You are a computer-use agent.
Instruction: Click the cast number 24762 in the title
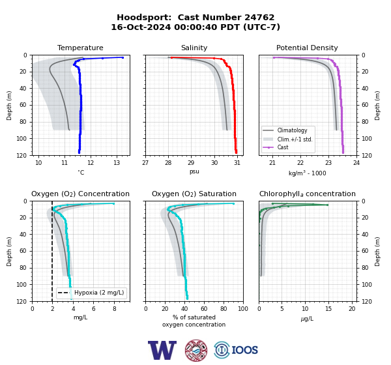[x=259, y=18]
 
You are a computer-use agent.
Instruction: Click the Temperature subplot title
[x=80, y=48]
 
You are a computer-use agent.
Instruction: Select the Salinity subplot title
[x=194, y=48]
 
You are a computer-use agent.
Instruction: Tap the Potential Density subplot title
[x=307, y=48]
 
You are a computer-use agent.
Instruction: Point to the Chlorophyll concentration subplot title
[x=307, y=194]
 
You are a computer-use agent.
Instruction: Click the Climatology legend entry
[x=292, y=130]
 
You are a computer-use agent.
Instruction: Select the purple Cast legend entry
[x=283, y=147]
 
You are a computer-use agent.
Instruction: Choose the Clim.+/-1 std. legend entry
[x=295, y=139]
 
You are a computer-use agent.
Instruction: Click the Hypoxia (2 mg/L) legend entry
[x=99, y=293]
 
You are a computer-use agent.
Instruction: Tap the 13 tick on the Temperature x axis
[x=117, y=163]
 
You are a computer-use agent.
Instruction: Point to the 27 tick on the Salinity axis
[x=145, y=163]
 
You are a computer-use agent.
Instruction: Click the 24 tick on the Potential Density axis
[x=356, y=163]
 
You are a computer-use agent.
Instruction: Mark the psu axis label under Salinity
[x=194, y=171]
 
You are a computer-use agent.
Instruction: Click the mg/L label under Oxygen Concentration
[x=80, y=317]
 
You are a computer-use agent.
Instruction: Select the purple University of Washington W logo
[x=162, y=350]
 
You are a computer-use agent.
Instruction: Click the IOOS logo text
[x=244, y=350]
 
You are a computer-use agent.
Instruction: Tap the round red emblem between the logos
[x=196, y=350]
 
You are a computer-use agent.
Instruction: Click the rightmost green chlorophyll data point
[x=327, y=205]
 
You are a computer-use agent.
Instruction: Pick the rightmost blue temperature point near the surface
[x=123, y=57]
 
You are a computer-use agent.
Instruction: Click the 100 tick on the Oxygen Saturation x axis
[x=243, y=309]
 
